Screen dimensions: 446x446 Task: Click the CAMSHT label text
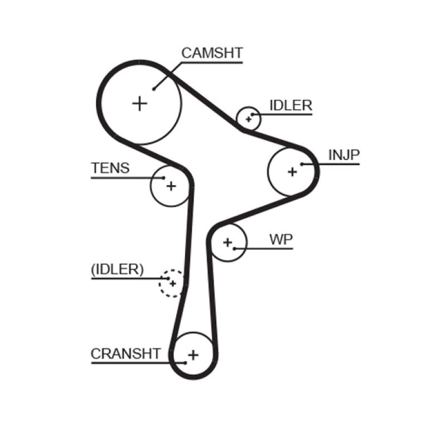[x=212, y=53]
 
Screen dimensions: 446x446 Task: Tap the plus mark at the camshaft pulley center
[x=139, y=103]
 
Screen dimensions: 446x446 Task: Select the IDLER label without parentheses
[x=290, y=106]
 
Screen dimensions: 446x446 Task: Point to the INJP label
[x=344, y=155]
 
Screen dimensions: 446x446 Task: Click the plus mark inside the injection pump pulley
[x=292, y=172]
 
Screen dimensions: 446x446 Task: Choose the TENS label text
[x=110, y=168]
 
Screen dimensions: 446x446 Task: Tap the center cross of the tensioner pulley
[x=171, y=186]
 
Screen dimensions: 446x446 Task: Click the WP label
[x=281, y=240]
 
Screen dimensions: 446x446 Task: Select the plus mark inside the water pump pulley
[x=227, y=242]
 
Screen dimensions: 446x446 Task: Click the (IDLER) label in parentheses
[x=117, y=269]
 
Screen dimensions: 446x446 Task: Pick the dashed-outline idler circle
[x=171, y=283]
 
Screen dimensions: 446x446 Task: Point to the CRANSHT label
[x=126, y=353]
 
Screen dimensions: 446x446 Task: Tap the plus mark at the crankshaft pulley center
[x=193, y=355]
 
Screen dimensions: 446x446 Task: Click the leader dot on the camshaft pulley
[x=153, y=88]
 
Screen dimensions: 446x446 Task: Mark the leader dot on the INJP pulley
[x=302, y=164]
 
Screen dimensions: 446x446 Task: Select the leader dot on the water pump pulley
[x=235, y=248]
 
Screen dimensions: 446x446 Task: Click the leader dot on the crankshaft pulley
[x=185, y=363]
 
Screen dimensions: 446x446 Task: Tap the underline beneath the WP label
[x=268, y=248]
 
